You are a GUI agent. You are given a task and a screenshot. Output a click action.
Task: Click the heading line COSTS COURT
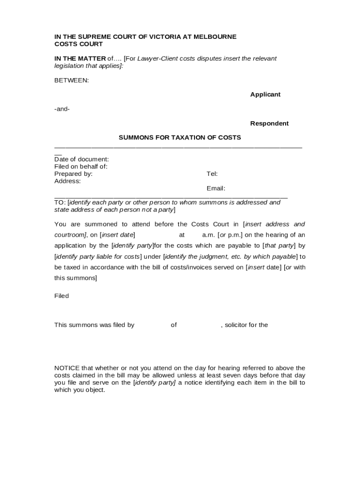click(79, 44)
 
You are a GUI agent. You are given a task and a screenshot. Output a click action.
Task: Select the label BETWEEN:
click(72, 80)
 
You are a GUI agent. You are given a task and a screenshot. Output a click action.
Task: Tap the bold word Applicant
click(265, 94)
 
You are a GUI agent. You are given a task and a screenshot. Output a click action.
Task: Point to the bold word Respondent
click(269, 123)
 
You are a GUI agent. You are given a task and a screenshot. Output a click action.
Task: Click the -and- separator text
click(62, 109)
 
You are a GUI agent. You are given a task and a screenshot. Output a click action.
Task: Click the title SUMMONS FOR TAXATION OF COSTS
click(180, 138)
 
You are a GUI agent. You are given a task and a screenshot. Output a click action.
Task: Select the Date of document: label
click(82, 160)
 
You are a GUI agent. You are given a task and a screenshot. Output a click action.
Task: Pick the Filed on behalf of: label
click(81, 167)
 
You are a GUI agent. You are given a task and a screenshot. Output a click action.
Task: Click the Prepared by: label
click(73, 174)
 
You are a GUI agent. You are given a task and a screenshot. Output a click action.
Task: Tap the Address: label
click(68, 181)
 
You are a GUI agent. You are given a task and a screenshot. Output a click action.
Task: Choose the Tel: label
click(212, 174)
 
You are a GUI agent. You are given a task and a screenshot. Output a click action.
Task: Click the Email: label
click(216, 189)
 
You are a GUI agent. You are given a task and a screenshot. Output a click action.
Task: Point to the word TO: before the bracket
click(60, 203)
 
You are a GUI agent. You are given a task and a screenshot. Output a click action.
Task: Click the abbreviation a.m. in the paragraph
click(208, 235)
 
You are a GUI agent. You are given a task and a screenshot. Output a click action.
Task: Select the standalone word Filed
click(62, 296)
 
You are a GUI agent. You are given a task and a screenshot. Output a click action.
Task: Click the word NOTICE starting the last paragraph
click(67, 368)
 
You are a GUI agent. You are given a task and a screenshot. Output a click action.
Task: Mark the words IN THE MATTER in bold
click(80, 58)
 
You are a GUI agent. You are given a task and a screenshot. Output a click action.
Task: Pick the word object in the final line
click(95, 390)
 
